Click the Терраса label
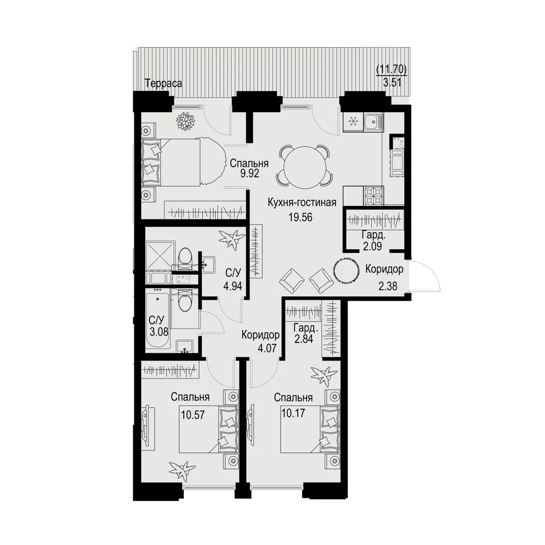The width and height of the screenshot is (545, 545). click(163, 84)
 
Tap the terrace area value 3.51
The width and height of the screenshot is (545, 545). click(392, 83)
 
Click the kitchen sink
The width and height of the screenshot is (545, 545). click(374, 122)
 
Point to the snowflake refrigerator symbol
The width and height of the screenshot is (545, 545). click(353, 122)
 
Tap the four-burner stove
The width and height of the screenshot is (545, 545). click(374, 196)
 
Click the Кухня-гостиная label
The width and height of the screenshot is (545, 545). click(302, 202)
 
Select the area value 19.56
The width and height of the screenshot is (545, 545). click(300, 217)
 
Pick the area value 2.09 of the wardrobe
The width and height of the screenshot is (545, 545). click(373, 246)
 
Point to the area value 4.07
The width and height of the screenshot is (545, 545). click(267, 348)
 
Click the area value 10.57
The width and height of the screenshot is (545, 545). click(193, 415)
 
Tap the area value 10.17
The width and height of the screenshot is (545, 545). click(293, 413)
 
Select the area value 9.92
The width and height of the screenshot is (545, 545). click(250, 173)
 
